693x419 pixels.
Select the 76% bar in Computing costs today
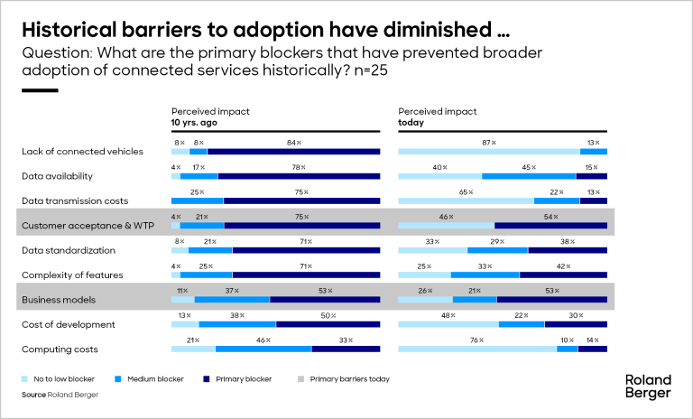(x=477, y=349)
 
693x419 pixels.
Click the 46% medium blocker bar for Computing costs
(x=263, y=349)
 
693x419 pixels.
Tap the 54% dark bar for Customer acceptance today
(x=550, y=226)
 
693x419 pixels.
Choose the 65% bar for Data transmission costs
(x=467, y=200)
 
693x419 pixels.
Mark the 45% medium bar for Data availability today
(x=529, y=176)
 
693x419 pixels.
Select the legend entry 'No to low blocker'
(x=61, y=379)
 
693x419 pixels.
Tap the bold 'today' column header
(x=412, y=122)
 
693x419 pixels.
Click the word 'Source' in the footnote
(x=35, y=395)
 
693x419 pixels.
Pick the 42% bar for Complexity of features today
(x=563, y=275)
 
